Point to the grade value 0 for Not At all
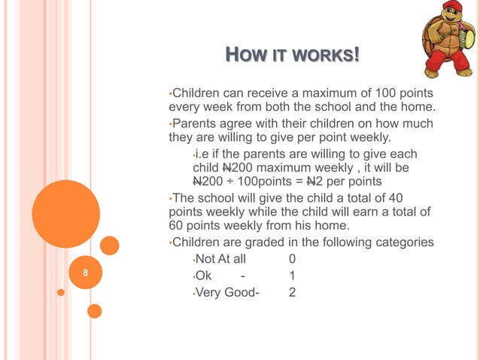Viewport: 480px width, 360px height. pyautogui.click(x=292, y=260)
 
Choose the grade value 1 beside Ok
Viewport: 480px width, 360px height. pyautogui.click(x=292, y=276)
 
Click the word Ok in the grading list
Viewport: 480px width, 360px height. pyautogui.click(x=203, y=276)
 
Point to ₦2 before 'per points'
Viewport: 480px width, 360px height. pyautogui.click(x=324, y=182)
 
